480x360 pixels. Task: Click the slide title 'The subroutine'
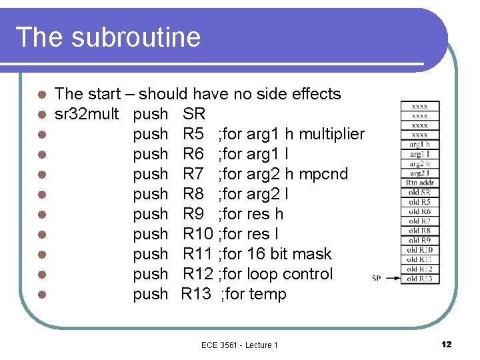107,37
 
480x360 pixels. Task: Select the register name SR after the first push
194,114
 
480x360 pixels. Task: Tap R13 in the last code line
196,294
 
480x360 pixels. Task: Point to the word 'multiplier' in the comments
332,134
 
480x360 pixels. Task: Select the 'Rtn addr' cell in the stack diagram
419,183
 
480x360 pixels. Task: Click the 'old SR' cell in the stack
419,192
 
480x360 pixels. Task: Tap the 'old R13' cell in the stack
419,279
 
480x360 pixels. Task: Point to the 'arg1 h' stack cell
419,144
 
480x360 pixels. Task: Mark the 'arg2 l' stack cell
419,173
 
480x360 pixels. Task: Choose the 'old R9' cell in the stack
419,240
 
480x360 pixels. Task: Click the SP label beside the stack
376,278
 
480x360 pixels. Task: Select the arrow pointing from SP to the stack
391,278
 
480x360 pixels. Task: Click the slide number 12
447,344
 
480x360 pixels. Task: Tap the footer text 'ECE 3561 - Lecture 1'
239,345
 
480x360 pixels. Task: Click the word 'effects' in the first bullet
315,94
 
